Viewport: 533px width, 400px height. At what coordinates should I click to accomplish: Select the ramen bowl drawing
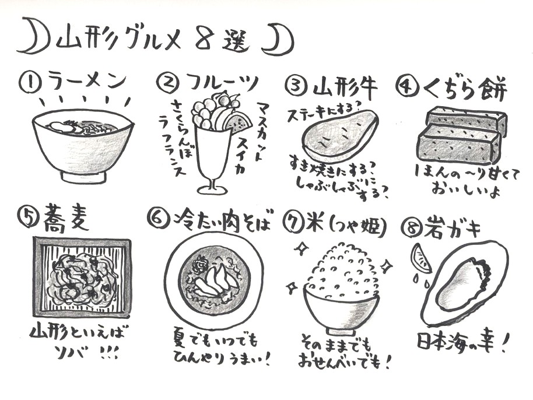(83, 146)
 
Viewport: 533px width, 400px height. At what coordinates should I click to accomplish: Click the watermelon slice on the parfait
(237, 125)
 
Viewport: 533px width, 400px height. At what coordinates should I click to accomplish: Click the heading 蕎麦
(65, 220)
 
